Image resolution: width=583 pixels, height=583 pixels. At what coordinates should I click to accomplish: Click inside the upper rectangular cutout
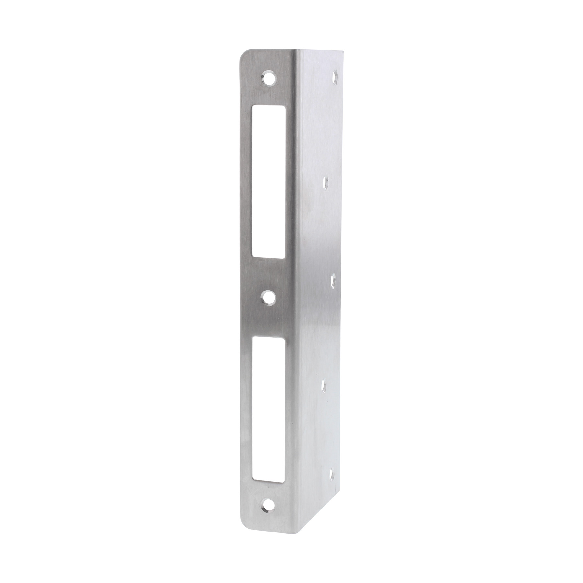pos(269,181)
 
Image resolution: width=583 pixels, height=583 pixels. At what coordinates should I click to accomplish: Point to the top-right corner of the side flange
pos(342,51)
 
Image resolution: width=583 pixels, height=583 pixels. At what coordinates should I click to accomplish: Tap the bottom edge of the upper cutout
pos(269,258)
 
